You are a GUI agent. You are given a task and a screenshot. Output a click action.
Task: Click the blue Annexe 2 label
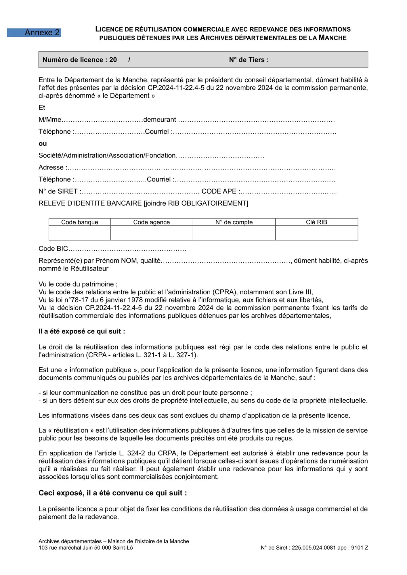click(x=34, y=32)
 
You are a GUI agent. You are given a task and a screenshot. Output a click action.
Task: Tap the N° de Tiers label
click(x=249, y=60)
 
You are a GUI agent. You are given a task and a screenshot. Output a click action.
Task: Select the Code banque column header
click(x=80, y=222)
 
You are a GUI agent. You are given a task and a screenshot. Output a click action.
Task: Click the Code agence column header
click(x=151, y=222)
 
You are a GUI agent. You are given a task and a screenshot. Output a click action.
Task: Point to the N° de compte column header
click(x=234, y=222)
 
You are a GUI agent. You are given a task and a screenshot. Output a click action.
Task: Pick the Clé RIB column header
click(x=316, y=222)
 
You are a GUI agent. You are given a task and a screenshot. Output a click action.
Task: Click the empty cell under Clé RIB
click(x=316, y=233)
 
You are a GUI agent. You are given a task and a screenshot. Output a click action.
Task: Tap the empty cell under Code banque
click(x=80, y=233)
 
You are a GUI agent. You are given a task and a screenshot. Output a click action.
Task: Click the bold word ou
click(x=43, y=143)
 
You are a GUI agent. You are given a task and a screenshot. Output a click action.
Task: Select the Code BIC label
click(x=53, y=249)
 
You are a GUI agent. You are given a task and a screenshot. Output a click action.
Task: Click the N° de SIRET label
click(x=59, y=191)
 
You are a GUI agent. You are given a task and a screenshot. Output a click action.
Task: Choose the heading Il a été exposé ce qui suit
click(x=82, y=331)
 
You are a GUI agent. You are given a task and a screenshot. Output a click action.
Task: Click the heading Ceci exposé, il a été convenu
click(x=112, y=493)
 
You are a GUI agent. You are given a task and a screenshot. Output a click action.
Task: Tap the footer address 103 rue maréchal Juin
click(x=86, y=548)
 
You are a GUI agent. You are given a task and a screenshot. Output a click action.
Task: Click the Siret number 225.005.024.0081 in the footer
click(x=314, y=548)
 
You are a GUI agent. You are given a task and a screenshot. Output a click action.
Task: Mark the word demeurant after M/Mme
click(x=160, y=120)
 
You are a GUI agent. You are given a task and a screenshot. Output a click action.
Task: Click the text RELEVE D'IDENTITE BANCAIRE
click(x=90, y=204)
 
